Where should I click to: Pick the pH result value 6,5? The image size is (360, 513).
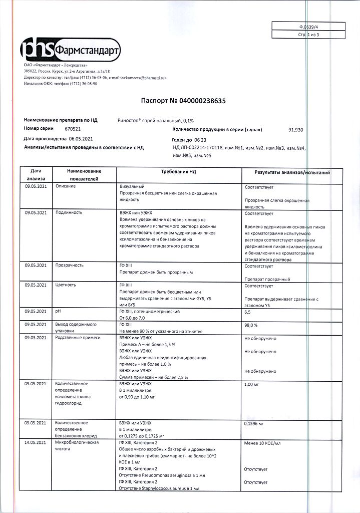click(x=248, y=312)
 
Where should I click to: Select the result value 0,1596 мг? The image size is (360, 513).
click(x=254, y=423)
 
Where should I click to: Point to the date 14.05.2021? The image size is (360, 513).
click(x=36, y=443)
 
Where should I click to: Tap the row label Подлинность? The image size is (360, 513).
click(x=68, y=213)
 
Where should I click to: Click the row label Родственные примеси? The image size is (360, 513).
click(x=78, y=338)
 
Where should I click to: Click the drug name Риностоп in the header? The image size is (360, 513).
click(x=130, y=120)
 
